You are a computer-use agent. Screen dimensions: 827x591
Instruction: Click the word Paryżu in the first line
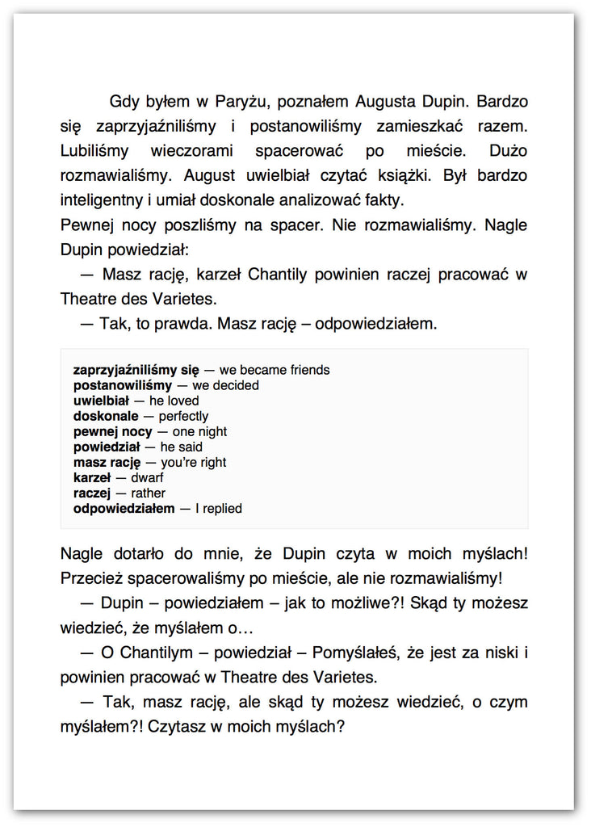click(240, 103)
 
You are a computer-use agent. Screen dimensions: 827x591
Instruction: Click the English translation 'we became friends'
click(275, 370)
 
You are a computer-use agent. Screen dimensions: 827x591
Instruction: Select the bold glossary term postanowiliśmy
click(123, 385)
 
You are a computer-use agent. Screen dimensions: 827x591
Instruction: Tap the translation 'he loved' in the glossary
click(174, 401)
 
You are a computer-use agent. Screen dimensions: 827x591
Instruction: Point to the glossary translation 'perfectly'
click(183, 416)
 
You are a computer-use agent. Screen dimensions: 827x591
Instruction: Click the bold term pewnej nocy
click(112, 431)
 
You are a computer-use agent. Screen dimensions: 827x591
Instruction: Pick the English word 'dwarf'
click(147, 477)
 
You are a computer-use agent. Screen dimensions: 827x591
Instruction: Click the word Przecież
click(91, 579)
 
